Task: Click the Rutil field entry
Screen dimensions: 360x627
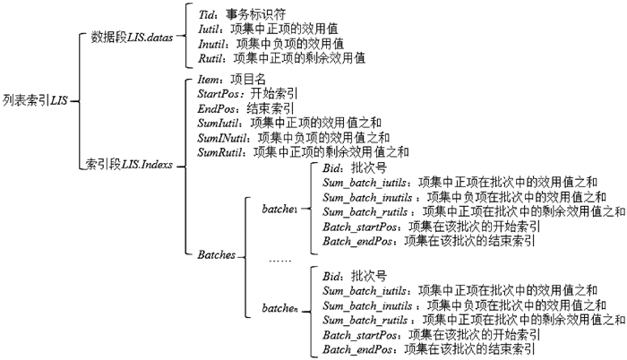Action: tap(210, 57)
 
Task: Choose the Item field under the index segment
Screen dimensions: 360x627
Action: tap(209, 80)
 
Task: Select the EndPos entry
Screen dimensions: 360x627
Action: tap(216, 108)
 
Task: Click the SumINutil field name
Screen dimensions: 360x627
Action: tap(225, 137)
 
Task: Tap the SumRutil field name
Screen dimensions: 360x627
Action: tap(223, 151)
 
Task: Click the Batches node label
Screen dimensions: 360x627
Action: tap(216, 254)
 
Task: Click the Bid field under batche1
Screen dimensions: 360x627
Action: tap(332, 167)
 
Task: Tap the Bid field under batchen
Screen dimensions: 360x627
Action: tap(332, 275)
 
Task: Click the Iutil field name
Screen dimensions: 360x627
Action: tap(211, 30)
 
